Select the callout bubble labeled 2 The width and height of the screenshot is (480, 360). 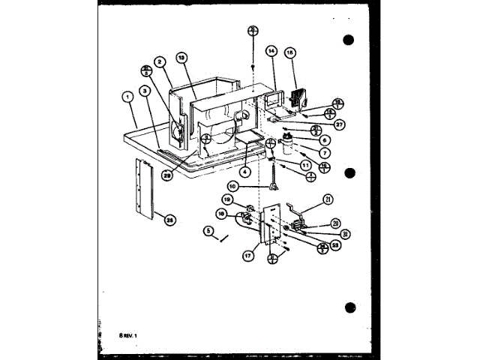pos(160,61)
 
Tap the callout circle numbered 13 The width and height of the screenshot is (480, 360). pos(181,57)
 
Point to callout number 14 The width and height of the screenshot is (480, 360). pos(271,51)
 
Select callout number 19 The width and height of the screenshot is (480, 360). pos(226,198)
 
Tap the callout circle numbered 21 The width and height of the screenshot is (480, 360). pos(328,199)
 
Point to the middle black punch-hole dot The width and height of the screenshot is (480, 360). pos(348,173)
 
